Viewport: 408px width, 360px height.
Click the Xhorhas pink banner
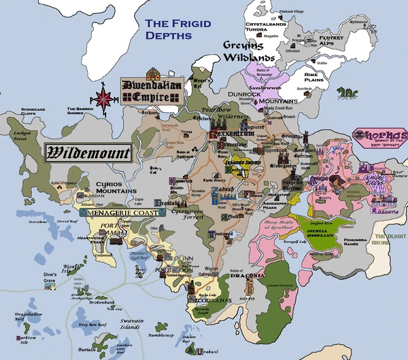pos(380,136)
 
